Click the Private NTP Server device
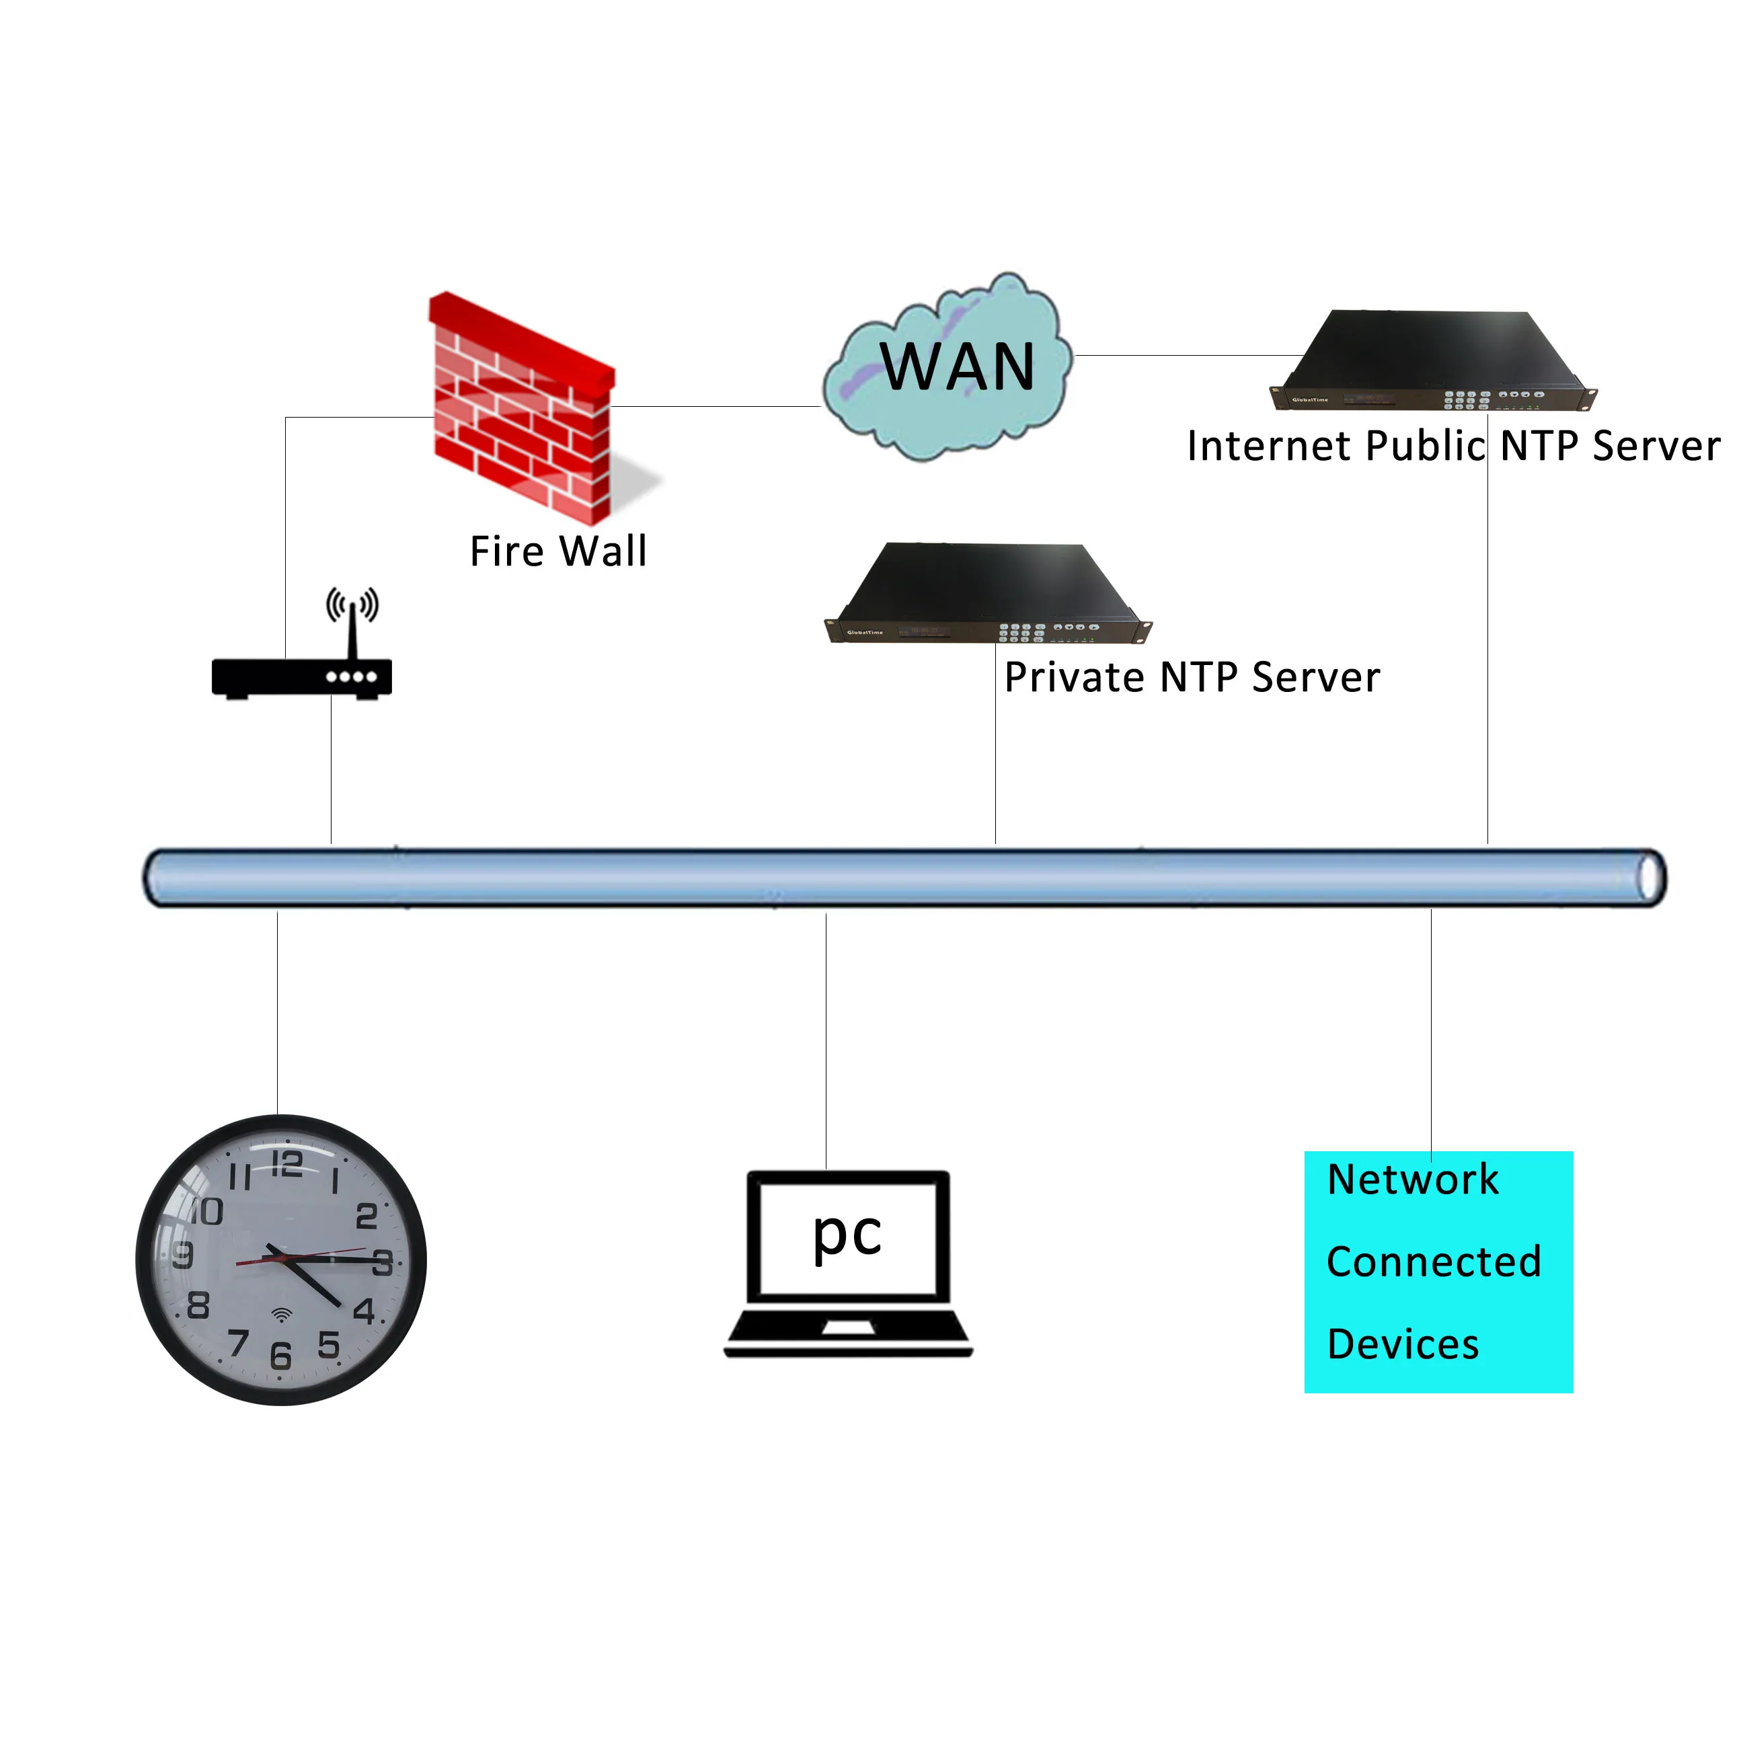point(989,594)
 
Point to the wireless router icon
point(301,676)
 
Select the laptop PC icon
point(848,1263)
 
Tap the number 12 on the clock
point(287,1164)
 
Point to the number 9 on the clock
point(183,1255)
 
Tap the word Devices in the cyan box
point(1403,1344)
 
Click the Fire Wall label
point(558,551)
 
